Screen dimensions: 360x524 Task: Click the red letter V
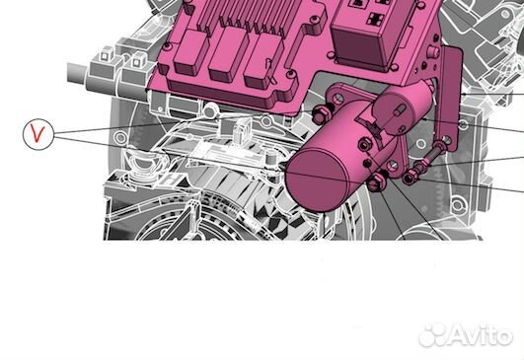38,135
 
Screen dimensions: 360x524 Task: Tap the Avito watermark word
482,335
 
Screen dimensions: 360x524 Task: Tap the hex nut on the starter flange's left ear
323,116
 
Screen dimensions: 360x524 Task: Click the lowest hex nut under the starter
379,185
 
